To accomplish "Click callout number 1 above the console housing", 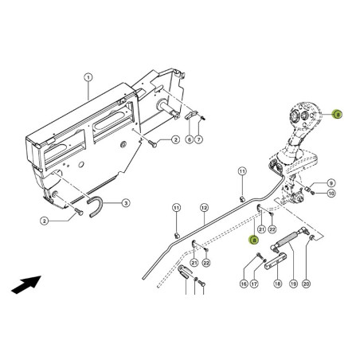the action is (88, 78).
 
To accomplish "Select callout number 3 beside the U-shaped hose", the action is (126, 203).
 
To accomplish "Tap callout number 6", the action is (189, 139).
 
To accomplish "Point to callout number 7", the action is (199, 139).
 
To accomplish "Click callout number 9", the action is (331, 183).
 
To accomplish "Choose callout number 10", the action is (331, 194).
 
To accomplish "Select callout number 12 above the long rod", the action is (204, 208).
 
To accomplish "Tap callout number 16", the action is (244, 284).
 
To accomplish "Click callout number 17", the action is (254, 284).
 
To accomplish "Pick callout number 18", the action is (278, 284).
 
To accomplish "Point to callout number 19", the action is (293, 284).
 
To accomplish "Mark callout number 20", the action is (306, 284).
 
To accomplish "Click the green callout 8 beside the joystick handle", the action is (338, 115).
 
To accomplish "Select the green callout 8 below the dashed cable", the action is (253, 241).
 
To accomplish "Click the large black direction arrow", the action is (26, 284).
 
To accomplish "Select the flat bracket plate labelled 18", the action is (276, 261).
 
